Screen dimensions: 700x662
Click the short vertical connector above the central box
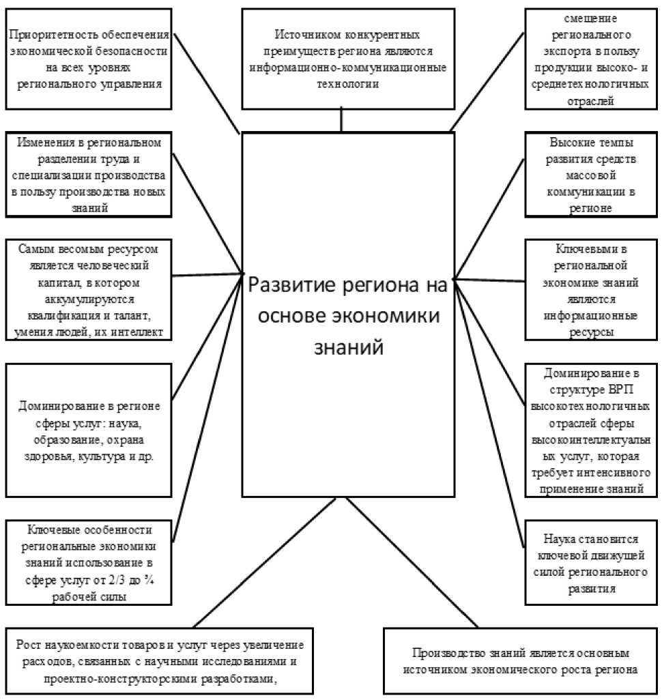point(341,120)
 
